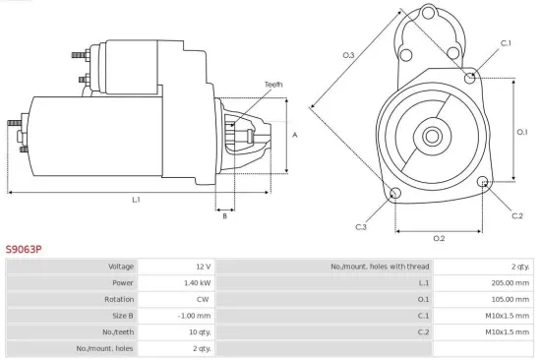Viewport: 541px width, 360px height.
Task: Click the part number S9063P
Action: click(x=25, y=250)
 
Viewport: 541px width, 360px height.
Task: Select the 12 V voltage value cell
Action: click(x=202, y=267)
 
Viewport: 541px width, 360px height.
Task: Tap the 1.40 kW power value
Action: click(x=197, y=282)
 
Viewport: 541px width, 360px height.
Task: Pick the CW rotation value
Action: click(x=203, y=299)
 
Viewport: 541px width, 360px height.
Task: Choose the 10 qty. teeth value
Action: click(x=199, y=331)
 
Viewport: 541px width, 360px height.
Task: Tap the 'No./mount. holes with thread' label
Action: click(x=379, y=267)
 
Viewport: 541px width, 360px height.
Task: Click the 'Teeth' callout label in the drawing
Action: click(x=272, y=85)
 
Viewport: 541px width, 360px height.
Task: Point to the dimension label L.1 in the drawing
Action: click(x=136, y=200)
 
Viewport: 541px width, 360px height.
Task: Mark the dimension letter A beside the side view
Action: click(x=295, y=136)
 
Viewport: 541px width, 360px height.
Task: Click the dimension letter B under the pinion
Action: click(x=224, y=216)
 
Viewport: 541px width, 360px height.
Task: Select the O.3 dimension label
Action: click(x=348, y=55)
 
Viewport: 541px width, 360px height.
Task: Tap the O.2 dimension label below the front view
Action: click(x=439, y=238)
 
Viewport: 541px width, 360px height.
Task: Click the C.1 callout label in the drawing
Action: click(x=506, y=43)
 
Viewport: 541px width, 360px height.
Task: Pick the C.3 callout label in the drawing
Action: click(x=361, y=227)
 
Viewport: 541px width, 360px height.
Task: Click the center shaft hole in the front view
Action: click(x=433, y=132)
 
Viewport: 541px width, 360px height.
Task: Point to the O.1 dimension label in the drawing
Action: click(x=522, y=132)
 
